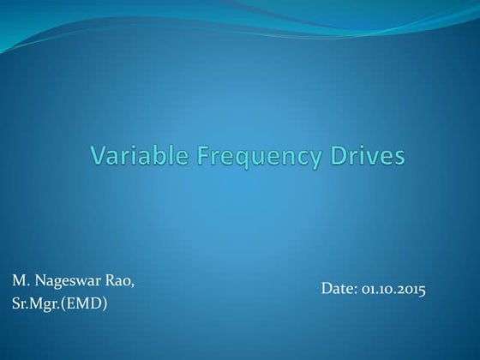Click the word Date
(x=338, y=290)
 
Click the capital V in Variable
(x=97, y=157)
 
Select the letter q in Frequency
(x=220, y=160)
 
